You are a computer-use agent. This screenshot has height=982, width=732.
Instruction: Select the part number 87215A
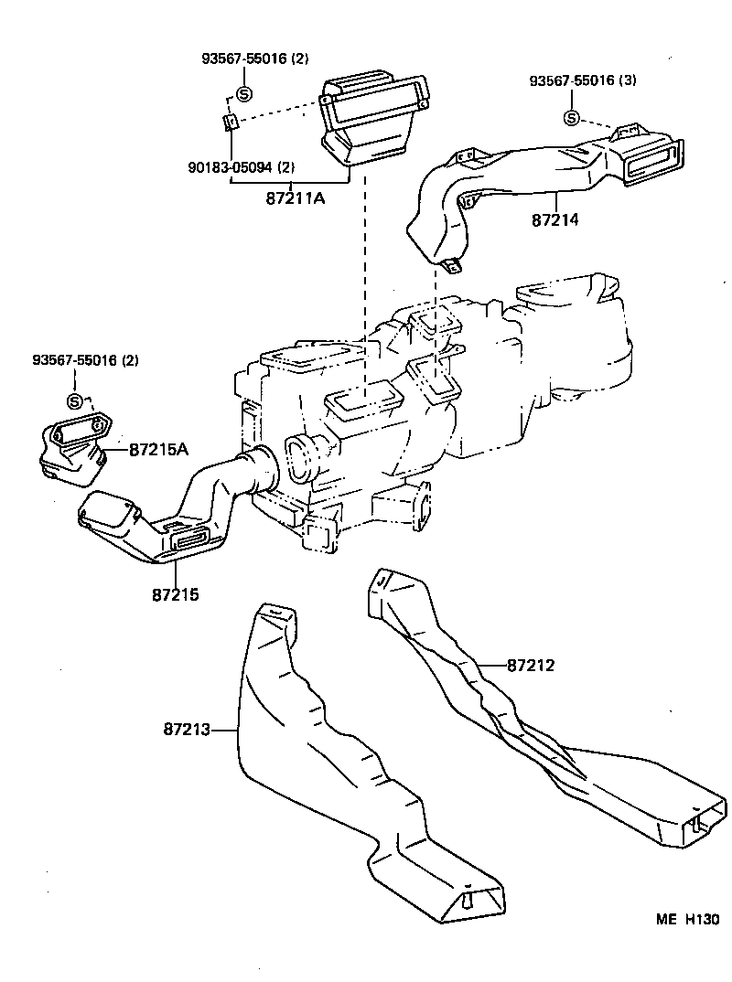click(x=158, y=450)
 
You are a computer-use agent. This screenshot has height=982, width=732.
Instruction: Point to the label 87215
click(x=176, y=594)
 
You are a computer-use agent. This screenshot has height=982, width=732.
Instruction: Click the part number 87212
click(x=531, y=666)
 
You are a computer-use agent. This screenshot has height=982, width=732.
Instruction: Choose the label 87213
click(x=187, y=730)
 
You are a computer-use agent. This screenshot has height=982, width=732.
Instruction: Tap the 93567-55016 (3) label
click(x=583, y=80)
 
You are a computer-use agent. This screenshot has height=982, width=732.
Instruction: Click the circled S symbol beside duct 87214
click(x=571, y=118)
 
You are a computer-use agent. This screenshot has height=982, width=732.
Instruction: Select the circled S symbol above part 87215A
click(x=76, y=401)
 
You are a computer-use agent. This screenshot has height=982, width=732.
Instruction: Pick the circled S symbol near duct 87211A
click(x=244, y=92)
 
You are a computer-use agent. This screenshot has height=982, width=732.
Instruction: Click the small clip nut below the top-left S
click(x=232, y=122)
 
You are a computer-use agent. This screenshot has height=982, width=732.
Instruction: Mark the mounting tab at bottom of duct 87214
click(x=452, y=266)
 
